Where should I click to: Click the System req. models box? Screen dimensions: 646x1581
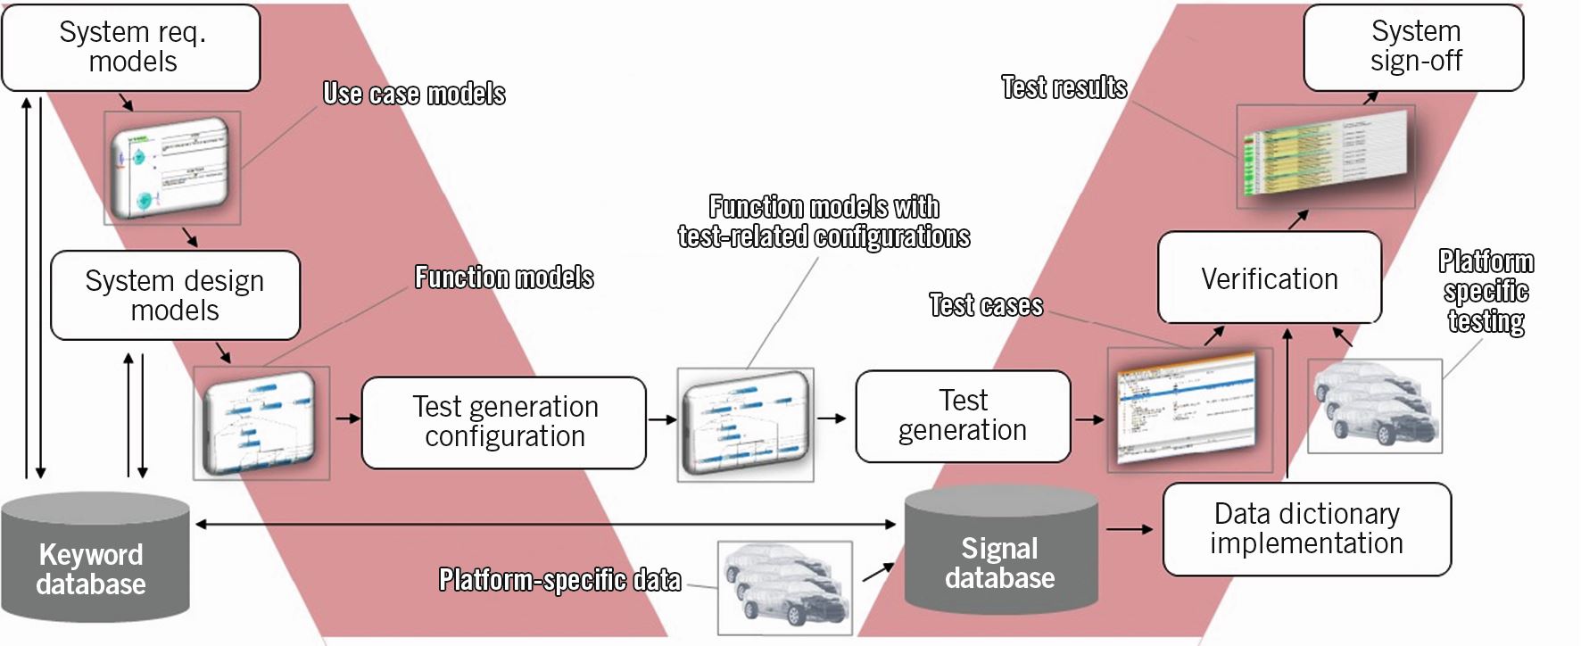point(131,47)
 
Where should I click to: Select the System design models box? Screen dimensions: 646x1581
point(175,295)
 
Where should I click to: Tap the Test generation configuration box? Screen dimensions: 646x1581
point(504,422)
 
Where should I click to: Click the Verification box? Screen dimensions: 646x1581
point(1269,278)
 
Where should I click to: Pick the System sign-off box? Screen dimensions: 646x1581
point(1414,47)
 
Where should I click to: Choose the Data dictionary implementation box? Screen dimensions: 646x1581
point(1306,529)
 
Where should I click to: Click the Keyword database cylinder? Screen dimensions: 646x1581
point(94,562)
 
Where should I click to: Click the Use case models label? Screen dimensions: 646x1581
point(414,94)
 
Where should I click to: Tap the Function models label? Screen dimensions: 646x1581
point(504,277)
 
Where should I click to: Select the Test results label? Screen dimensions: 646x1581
point(1064,87)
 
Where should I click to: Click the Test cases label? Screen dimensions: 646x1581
point(986,305)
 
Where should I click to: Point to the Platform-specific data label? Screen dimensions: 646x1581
point(559,580)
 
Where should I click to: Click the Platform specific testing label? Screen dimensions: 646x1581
point(1486,291)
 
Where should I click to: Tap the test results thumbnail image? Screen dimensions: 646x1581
point(1325,157)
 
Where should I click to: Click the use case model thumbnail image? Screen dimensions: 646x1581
point(172,168)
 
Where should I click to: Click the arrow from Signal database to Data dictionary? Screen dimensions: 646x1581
point(1130,530)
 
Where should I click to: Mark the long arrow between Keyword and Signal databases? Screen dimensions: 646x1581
point(544,525)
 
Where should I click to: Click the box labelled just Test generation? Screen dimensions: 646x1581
point(963,416)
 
